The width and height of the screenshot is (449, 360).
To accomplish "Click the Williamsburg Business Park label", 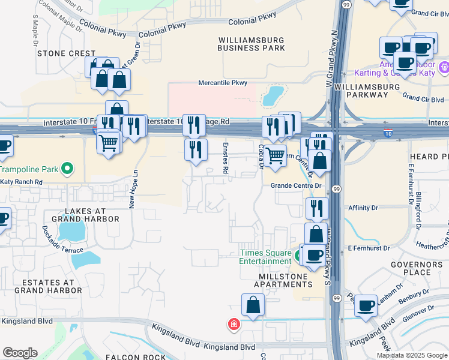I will coord(251,43).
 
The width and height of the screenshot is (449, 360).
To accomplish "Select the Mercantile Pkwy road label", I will coord(223,83).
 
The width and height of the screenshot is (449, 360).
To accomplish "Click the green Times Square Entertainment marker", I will coord(298,257).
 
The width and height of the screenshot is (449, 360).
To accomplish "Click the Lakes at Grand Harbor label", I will coord(86,215).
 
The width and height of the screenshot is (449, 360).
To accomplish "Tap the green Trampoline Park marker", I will coord(67,169).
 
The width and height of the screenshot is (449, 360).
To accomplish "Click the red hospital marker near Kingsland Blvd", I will coord(233,325).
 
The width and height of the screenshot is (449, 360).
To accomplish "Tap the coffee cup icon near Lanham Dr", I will coord(366,305).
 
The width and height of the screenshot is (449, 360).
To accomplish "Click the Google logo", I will coord(20,352).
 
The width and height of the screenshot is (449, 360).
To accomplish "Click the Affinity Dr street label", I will coord(363,208).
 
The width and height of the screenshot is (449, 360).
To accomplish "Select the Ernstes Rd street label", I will coord(226,158).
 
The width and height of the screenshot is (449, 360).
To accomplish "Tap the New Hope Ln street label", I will coord(134,189).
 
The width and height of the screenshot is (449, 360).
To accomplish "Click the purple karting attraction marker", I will coord(444,65).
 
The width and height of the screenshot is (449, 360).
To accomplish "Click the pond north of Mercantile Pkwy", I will coord(273,94).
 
